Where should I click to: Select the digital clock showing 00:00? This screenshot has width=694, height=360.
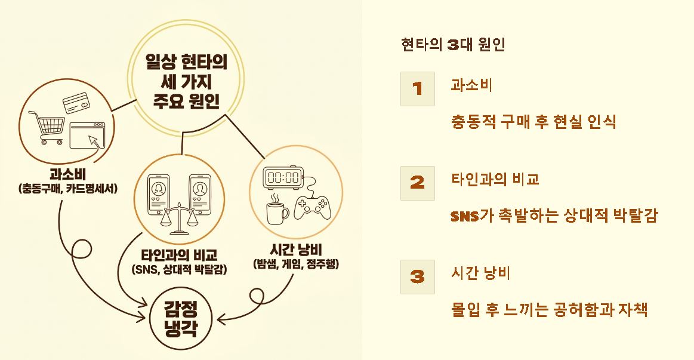(283, 177)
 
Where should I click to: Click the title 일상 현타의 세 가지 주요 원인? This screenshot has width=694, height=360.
(186, 81)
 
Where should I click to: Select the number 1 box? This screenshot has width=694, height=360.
(417, 88)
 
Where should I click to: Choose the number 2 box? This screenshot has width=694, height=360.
(417, 183)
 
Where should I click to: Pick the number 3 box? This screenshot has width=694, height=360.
(417, 276)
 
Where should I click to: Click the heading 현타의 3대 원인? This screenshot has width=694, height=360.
(453, 45)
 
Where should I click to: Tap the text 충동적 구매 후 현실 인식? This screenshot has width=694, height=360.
(533, 122)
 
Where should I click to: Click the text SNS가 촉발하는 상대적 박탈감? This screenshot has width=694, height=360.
(553, 216)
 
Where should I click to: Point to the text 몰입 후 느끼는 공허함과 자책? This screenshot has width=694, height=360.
(549, 310)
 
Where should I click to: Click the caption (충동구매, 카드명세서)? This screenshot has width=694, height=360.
(67, 189)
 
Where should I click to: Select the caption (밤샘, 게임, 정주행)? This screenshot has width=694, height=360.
(297, 263)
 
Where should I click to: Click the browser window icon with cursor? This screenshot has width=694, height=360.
(87, 136)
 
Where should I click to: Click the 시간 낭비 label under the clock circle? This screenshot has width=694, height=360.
(297, 248)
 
